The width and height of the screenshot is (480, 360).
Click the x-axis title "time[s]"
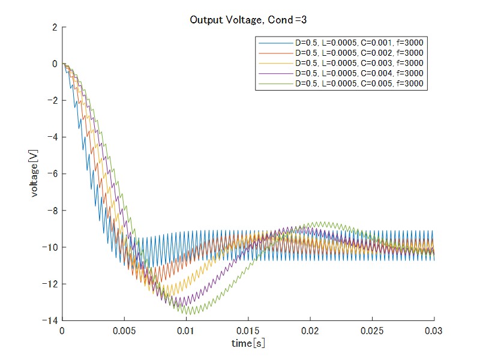click(x=248, y=343)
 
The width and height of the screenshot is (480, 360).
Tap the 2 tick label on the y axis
click(x=55, y=28)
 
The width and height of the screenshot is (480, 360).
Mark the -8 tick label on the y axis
click(x=52, y=211)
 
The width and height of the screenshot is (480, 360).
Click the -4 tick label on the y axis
click(x=52, y=137)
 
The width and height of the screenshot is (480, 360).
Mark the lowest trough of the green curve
click(x=189, y=314)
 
